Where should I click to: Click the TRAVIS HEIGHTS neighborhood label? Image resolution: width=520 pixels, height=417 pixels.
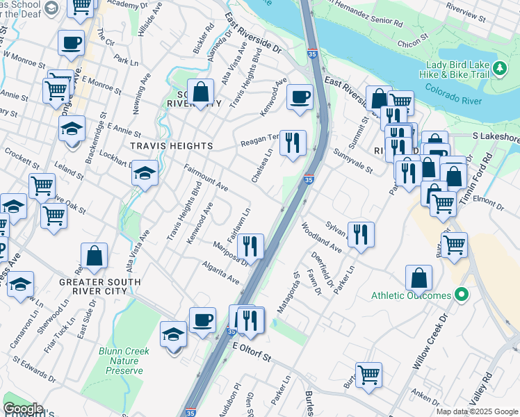pos(170,146)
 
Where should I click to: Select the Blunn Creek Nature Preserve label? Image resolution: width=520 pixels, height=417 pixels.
pos(124,361)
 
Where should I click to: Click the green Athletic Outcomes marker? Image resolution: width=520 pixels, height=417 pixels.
pos(460,296)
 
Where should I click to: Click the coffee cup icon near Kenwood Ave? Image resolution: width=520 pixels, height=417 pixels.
pos(300,98)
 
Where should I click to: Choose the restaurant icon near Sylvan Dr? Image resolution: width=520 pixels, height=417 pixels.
pos(359,234)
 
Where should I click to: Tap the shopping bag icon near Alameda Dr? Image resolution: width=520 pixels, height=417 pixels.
pos(200,92)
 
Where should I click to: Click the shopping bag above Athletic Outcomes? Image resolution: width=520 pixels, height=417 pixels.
pos(419,277)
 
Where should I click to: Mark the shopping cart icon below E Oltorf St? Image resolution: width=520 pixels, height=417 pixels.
pos(368,375)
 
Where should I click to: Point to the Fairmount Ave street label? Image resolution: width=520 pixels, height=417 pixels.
pos(206,178)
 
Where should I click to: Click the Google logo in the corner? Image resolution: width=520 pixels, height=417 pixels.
pos(23,409)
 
